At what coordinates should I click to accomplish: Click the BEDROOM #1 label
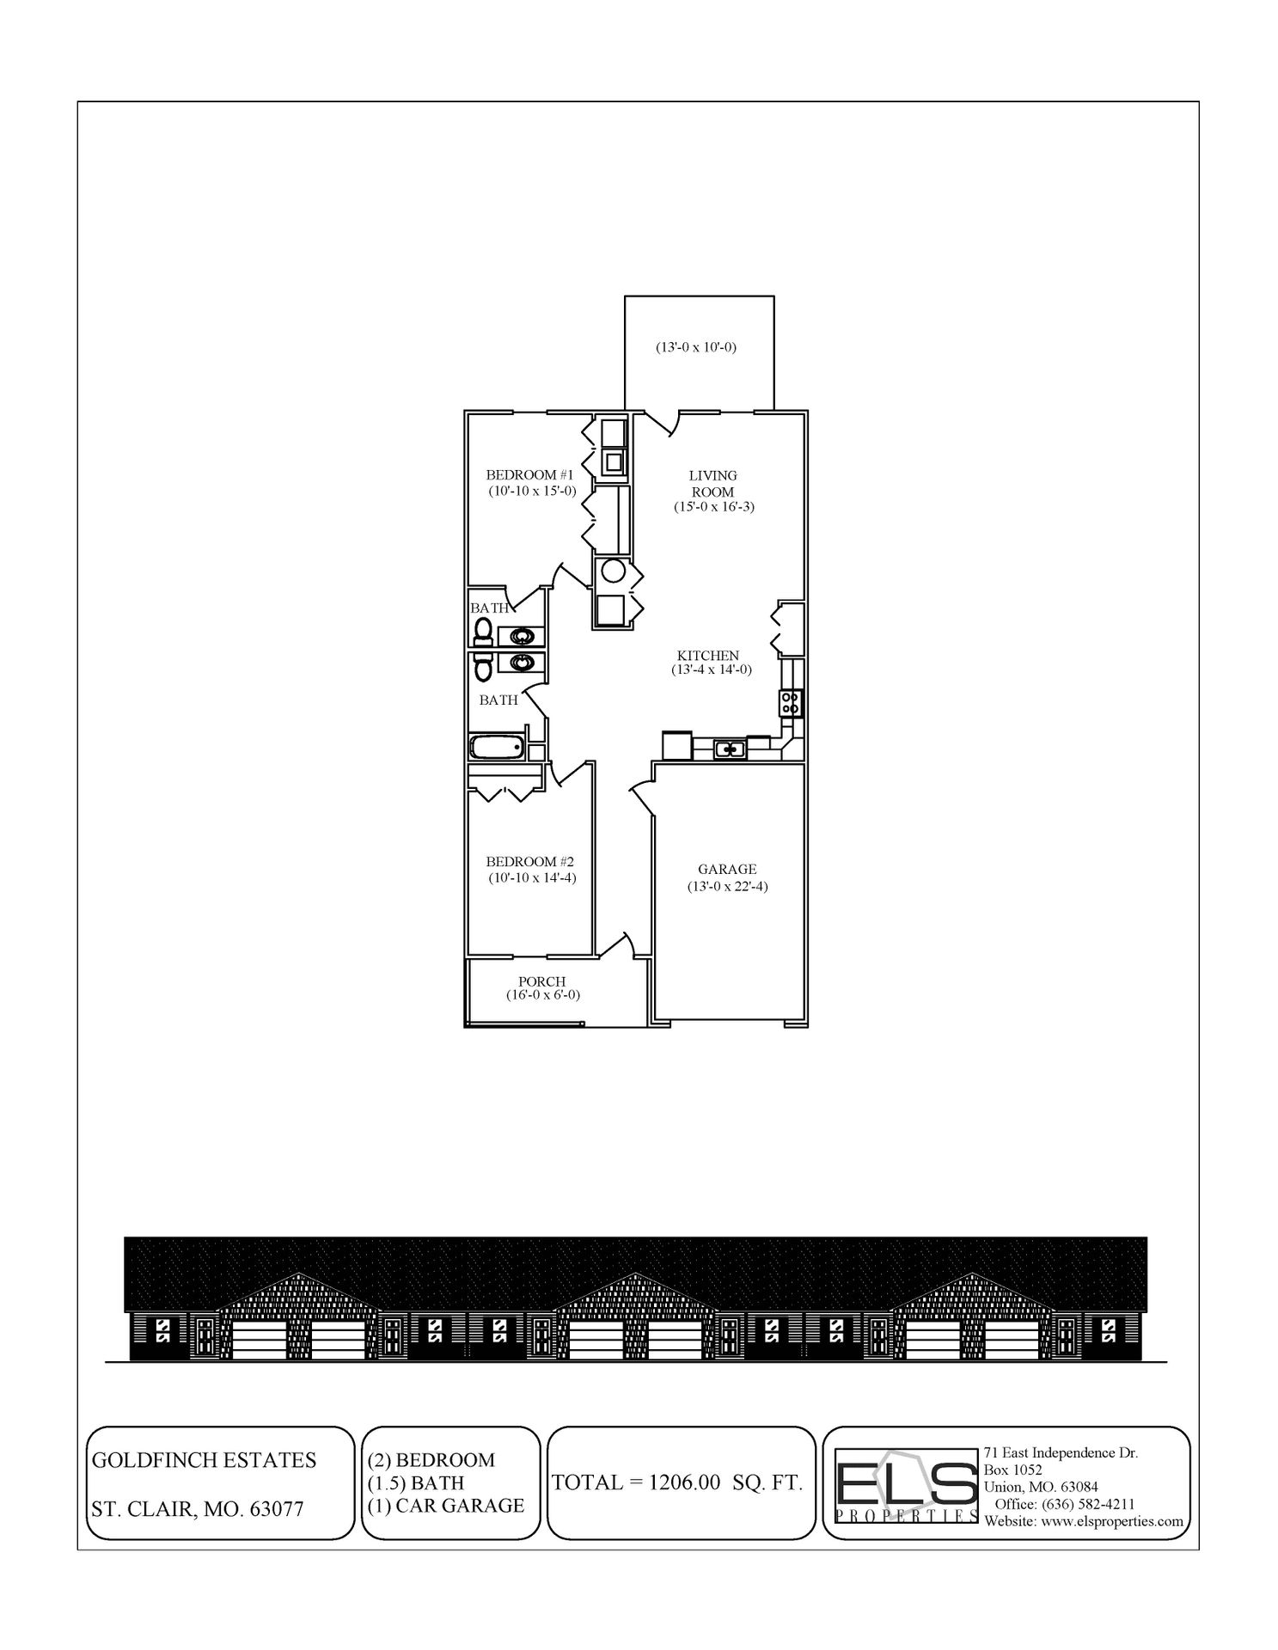529,474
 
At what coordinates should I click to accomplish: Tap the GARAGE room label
726,870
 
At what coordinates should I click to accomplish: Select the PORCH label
541,981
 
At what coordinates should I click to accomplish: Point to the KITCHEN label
707,656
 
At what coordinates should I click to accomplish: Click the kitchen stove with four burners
790,703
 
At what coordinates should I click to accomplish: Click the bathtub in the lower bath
497,747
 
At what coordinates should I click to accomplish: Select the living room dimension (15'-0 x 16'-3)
713,507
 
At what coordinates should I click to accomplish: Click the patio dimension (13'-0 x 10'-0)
696,348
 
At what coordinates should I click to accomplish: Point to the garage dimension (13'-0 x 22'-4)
726,886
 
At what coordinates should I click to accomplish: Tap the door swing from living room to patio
662,420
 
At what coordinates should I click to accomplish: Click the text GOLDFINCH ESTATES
204,1460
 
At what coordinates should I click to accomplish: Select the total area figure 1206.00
684,1482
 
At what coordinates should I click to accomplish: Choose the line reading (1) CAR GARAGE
446,1505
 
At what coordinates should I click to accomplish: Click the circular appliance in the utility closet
613,570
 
